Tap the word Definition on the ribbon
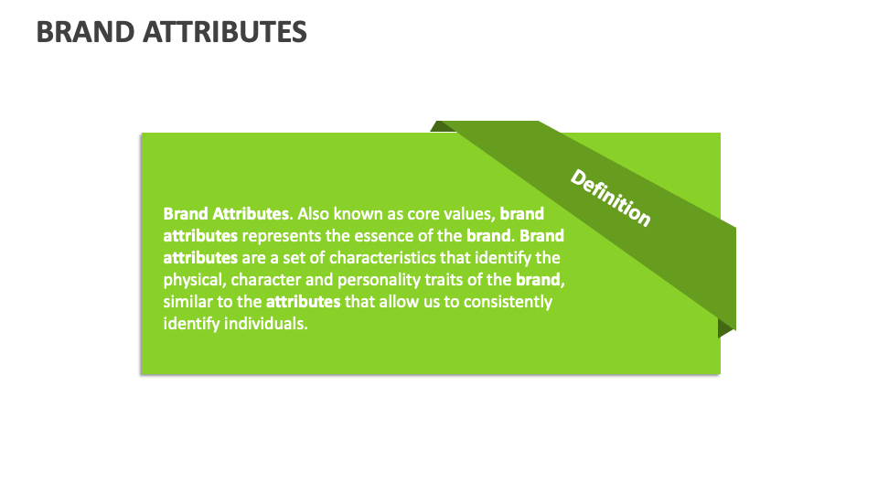pos(611,198)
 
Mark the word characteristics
pos(384,258)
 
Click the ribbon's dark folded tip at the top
pos(443,126)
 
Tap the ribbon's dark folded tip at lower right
pos(726,328)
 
